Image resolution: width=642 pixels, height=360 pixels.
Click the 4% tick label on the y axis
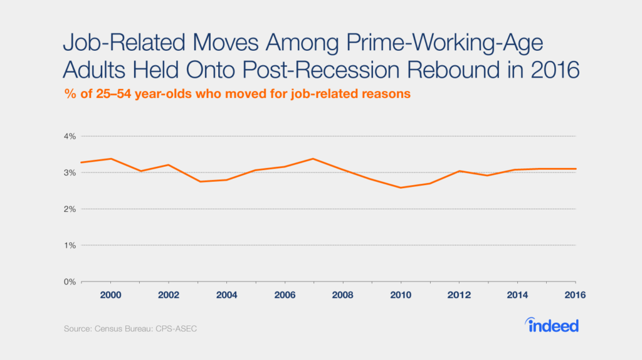click(x=69, y=136)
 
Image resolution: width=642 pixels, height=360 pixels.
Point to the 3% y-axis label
click(x=69, y=172)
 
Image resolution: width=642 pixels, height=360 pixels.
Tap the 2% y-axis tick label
click(x=69, y=209)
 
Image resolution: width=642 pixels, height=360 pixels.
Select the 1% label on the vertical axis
click(x=69, y=245)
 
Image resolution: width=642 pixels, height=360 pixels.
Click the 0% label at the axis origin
click(x=69, y=282)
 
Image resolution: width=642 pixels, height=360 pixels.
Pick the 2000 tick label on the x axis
click(x=111, y=295)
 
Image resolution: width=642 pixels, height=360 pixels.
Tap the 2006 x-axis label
click(x=285, y=295)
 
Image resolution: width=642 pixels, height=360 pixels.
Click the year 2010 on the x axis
click(x=401, y=295)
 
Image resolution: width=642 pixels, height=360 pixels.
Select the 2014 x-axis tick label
click(x=517, y=295)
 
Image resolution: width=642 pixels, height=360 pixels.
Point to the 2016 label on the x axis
click(x=575, y=295)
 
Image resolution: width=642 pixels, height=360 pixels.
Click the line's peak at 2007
click(x=313, y=159)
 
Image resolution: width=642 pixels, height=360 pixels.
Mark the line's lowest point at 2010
click(x=401, y=188)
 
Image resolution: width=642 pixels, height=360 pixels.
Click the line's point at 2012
click(x=459, y=171)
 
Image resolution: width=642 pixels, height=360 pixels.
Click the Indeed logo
click(x=551, y=325)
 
